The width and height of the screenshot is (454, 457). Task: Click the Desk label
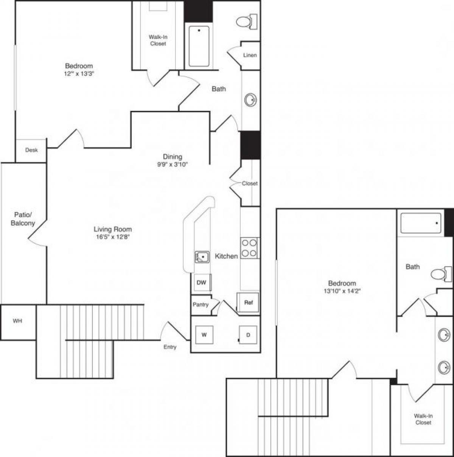[31, 150]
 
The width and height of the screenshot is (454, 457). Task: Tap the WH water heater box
[18, 322]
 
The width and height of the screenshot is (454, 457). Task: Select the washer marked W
[204, 335]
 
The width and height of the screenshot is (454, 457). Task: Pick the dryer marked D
[248, 335]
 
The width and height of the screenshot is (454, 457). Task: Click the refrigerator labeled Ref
[248, 303]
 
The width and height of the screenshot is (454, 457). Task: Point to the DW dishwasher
[202, 283]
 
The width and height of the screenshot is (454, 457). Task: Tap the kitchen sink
[202, 257]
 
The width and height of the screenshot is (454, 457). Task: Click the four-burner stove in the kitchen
[249, 248]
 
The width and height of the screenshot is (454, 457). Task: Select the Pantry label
[201, 305]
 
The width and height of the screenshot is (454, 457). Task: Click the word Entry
[170, 347]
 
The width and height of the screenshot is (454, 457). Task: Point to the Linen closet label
[250, 55]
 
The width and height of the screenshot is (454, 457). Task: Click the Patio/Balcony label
[23, 219]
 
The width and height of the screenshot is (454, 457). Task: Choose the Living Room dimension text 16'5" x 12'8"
[113, 237]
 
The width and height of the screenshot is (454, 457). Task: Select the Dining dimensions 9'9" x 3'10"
[173, 165]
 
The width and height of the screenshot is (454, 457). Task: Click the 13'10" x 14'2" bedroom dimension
[342, 291]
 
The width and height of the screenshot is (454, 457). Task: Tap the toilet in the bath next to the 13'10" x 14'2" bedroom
[441, 274]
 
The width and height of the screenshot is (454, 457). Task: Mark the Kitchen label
[226, 256]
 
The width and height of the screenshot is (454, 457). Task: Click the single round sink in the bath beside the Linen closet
[250, 100]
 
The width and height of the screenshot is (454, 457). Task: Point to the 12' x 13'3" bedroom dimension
[79, 74]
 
